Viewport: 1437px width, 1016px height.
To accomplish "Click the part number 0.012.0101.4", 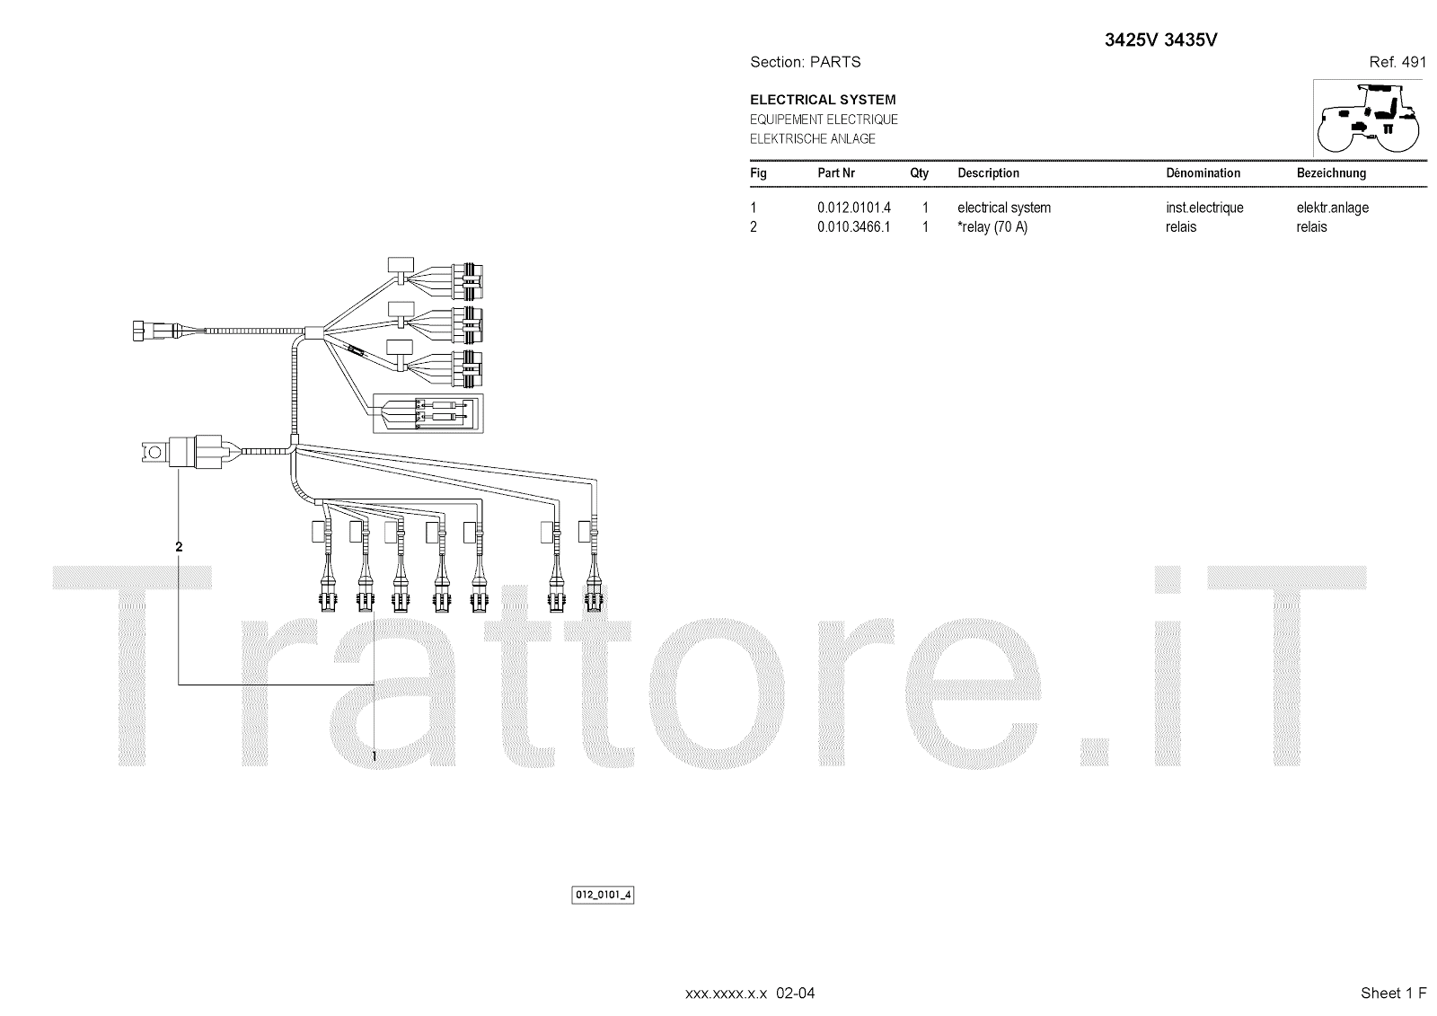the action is tap(853, 208).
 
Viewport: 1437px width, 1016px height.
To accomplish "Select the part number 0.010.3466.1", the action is tap(853, 227).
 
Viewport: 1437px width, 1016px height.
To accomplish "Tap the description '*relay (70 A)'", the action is tap(992, 227).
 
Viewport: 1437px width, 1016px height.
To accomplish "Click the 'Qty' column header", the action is tap(919, 173).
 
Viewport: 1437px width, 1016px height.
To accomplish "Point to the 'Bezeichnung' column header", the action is tap(1331, 173).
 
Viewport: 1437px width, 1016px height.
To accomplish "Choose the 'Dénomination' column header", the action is tap(1203, 173).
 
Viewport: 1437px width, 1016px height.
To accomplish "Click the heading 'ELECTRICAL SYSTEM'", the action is tap(823, 100).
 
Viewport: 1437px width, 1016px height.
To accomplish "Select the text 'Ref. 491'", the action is tap(1397, 62).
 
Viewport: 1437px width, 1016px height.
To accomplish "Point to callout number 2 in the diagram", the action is tap(179, 546).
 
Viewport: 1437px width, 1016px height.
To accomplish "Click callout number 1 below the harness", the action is tap(374, 757).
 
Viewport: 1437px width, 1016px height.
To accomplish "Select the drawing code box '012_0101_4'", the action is tap(604, 896).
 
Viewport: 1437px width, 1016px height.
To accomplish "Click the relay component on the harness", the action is tap(193, 451).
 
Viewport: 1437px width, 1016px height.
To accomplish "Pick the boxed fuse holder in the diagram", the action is tap(428, 413).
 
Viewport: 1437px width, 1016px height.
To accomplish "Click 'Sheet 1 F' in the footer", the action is tap(1393, 993).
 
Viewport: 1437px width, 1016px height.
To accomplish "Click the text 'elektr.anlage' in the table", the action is tap(1332, 208).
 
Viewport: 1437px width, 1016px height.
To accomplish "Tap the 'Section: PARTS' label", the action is tap(805, 62).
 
